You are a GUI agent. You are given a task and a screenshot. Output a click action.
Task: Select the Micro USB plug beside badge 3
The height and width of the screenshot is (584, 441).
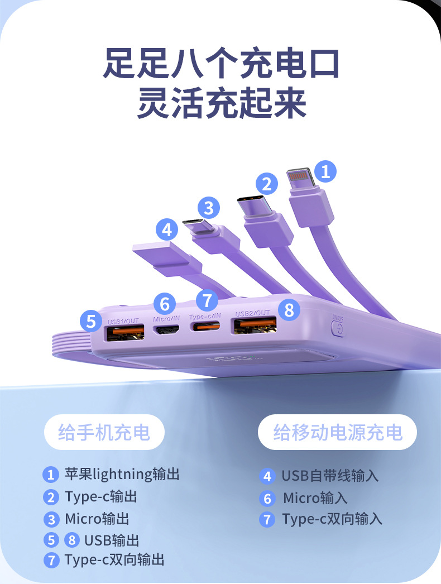pyautogui.click(x=199, y=226)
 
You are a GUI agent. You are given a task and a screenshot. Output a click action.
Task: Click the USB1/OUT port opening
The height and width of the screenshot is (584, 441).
pyautogui.click(x=126, y=333)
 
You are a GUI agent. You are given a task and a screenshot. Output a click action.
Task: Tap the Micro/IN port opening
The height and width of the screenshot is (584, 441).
pyautogui.click(x=166, y=330)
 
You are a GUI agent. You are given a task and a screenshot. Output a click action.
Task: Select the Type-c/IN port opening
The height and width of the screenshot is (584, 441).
pyautogui.click(x=205, y=327)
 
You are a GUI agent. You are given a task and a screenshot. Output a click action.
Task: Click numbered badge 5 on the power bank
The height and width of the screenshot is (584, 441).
pyautogui.click(x=91, y=321)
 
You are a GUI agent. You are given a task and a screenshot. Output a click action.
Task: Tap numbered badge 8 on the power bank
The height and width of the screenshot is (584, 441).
pyautogui.click(x=289, y=310)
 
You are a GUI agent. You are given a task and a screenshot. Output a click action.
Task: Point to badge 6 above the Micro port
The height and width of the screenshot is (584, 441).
pyautogui.click(x=165, y=304)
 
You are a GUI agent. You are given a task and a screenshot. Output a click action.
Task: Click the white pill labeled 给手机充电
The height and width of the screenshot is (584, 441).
pyautogui.click(x=104, y=432)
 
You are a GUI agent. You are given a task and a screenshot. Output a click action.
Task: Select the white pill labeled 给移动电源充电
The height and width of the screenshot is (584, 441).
pyautogui.click(x=338, y=432)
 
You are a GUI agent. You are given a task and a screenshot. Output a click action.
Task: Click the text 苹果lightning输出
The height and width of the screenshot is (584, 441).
pyautogui.click(x=122, y=474)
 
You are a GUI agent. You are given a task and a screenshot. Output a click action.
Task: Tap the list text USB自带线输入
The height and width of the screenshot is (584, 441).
pyautogui.click(x=330, y=476)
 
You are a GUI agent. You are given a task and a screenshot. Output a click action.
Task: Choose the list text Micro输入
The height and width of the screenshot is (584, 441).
pyautogui.click(x=315, y=498)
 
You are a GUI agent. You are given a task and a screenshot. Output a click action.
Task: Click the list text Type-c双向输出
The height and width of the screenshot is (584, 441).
pyautogui.click(x=114, y=560)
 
